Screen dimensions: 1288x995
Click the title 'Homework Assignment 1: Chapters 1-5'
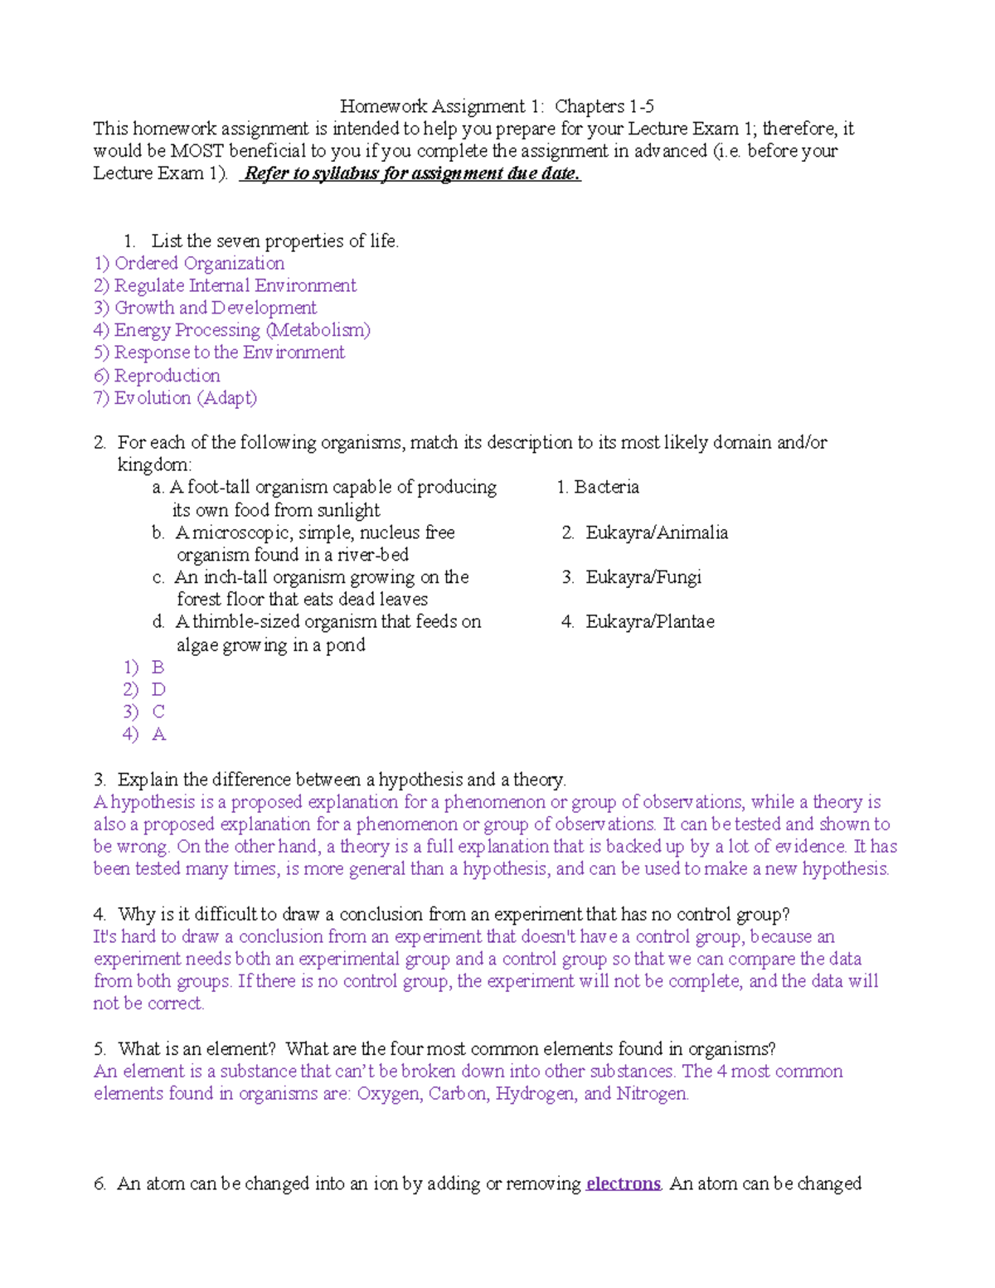[497, 106]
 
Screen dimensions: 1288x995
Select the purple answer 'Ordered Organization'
[199, 263]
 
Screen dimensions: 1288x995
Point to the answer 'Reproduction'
[167, 376]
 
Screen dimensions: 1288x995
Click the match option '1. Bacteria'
[598, 487]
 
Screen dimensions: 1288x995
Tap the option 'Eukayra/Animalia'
[657, 532]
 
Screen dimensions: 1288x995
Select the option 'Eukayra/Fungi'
[643, 577]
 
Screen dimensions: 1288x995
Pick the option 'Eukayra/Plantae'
[650, 622]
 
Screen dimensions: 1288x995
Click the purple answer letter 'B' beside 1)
[158, 668]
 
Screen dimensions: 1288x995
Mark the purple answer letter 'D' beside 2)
[158, 690]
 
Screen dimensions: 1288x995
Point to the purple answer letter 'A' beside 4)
[158, 734]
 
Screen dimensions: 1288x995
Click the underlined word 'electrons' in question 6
[623, 1184]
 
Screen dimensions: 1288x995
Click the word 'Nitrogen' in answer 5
[652, 1094]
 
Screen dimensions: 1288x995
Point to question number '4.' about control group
[99, 914]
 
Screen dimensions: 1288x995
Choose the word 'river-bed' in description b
[372, 555]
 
